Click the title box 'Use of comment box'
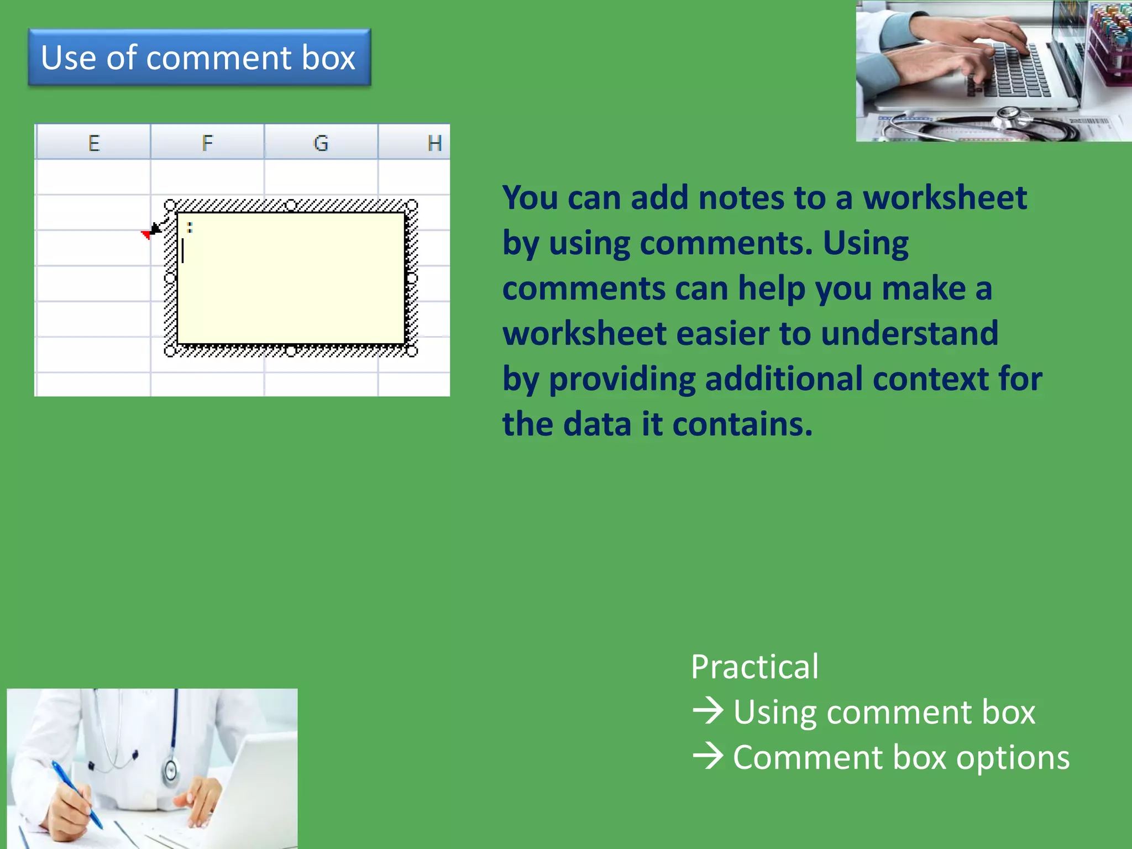pyautogui.click(x=199, y=57)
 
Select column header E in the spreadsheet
pyautogui.click(x=94, y=143)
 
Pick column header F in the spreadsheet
pyautogui.click(x=207, y=143)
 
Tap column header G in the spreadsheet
pyautogui.click(x=321, y=143)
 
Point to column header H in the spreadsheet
pyautogui.click(x=434, y=143)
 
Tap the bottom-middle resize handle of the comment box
pyautogui.click(x=291, y=350)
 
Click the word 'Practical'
pyautogui.click(x=754, y=667)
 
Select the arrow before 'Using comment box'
pyautogui.click(x=708, y=711)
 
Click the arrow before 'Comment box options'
pyautogui.click(x=708, y=756)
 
